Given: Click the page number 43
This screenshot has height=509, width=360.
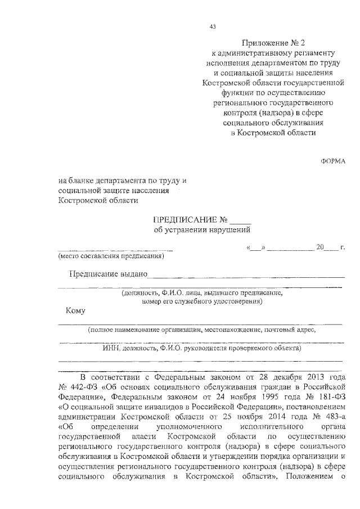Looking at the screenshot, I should (x=212, y=26).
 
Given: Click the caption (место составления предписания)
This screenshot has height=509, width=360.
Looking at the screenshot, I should (x=111, y=256).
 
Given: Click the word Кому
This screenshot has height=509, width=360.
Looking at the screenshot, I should (x=75, y=310).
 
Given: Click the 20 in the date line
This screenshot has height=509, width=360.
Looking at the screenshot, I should (x=321, y=247).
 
